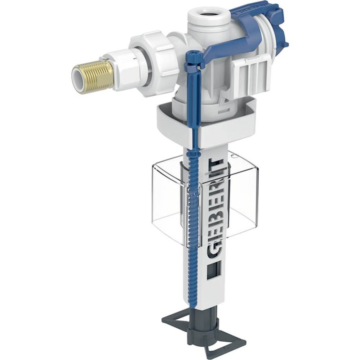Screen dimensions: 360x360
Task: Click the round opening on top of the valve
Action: (207, 14)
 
